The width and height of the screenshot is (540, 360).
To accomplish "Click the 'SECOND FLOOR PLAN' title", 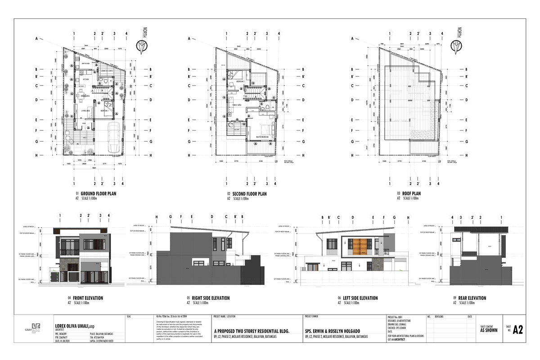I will coord(250,194).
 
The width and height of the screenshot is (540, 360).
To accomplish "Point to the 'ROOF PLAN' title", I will coord(412,194).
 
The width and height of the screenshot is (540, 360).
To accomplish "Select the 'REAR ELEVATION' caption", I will coord(472,298).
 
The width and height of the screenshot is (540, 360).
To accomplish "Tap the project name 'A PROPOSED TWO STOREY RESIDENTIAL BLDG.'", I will coord(251,331).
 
